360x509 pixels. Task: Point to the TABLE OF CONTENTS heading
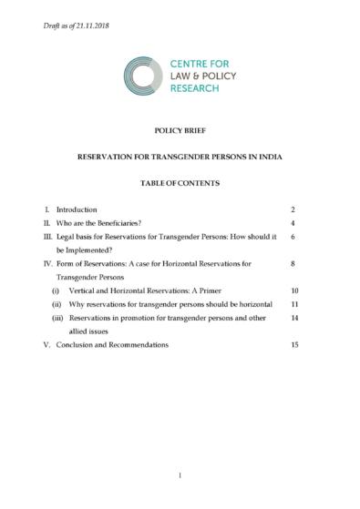(180, 183)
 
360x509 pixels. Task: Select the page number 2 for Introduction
(293, 209)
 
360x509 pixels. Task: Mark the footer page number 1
(180, 474)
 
